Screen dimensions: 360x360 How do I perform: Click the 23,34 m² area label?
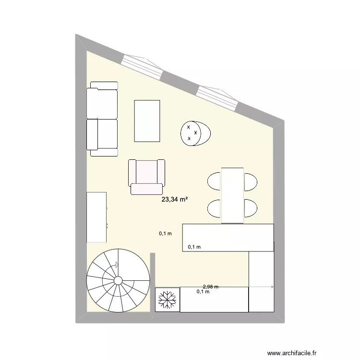point(174,200)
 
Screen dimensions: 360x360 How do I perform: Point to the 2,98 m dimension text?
point(210,287)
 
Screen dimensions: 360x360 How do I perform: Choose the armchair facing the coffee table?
point(146,176)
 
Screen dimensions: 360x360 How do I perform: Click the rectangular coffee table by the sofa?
point(147,120)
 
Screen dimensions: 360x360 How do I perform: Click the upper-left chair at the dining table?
point(214,181)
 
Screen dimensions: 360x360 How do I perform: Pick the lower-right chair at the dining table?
point(251,207)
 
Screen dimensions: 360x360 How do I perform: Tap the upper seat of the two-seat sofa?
point(102,102)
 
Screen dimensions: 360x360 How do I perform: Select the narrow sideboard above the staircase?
point(96,217)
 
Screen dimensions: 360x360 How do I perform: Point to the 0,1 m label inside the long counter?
point(194,247)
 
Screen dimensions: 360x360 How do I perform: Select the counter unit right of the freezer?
point(214,300)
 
